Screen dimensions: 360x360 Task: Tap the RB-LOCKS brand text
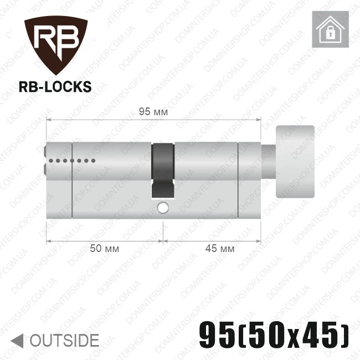[x=55, y=87]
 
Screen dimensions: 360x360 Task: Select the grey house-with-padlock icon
[x=330, y=29]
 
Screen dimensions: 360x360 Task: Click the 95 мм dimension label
[x=153, y=112]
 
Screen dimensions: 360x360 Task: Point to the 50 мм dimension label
[x=105, y=249]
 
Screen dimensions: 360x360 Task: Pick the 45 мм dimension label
[x=220, y=249]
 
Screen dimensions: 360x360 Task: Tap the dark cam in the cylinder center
[x=163, y=171]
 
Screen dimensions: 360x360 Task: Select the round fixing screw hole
[x=163, y=208]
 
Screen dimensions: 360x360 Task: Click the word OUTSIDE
[x=64, y=340]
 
